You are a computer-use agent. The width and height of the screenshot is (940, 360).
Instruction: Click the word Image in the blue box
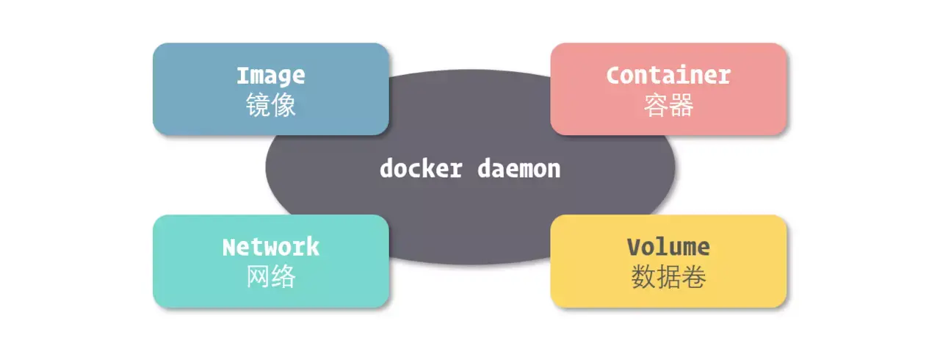(270, 75)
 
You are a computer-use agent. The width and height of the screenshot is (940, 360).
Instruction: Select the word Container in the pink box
(668, 75)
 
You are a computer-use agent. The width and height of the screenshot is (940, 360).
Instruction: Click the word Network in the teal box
(270, 247)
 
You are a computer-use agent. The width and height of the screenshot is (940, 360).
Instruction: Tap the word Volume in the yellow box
(668, 247)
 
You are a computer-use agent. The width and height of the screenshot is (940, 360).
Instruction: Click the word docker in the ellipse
(421, 168)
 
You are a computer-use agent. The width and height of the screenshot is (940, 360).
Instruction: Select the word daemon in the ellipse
(519, 168)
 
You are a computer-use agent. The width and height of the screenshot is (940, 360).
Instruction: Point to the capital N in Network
(229, 247)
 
